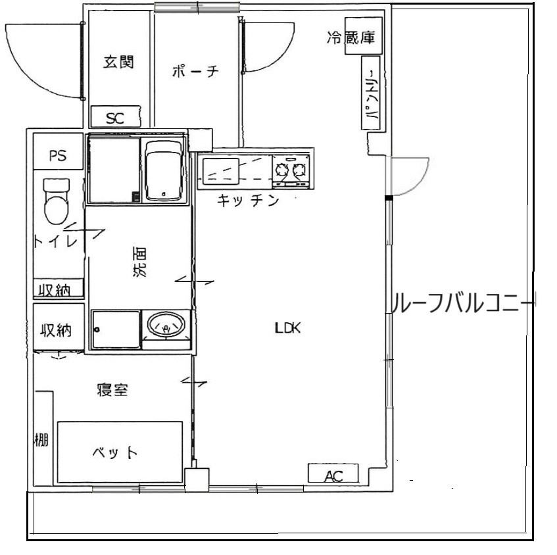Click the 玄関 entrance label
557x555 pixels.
click(x=118, y=62)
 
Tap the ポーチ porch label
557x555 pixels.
click(x=195, y=72)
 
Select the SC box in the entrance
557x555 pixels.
click(x=115, y=118)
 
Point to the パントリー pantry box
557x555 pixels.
click(x=371, y=94)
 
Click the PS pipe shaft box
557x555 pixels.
click(x=58, y=157)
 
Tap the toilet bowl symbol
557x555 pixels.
click(x=56, y=200)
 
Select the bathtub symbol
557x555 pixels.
click(x=163, y=169)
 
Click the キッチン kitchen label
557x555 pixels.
click(x=248, y=201)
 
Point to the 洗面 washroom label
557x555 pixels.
click(x=140, y=261)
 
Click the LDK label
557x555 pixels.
click(x=287, y=328)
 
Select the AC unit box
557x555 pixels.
click(x=333, y=475)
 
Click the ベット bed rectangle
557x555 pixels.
click(x=119, y=453)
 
